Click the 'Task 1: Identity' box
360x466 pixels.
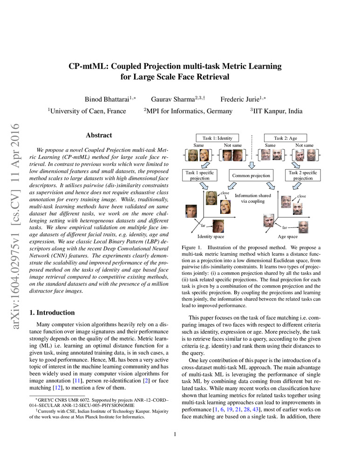tap(217, 138)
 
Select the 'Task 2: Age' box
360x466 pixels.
tap(285, 138)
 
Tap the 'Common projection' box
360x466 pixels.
tap(252, 176)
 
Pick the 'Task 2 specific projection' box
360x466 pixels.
tap(303, 175)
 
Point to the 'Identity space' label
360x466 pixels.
tap(211, 236)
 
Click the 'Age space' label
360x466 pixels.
tap(287, 236)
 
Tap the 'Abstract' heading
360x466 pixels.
tap(99, 135)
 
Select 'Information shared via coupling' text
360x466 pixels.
tap(252, 199)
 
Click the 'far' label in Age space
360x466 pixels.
tap(285, 227)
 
